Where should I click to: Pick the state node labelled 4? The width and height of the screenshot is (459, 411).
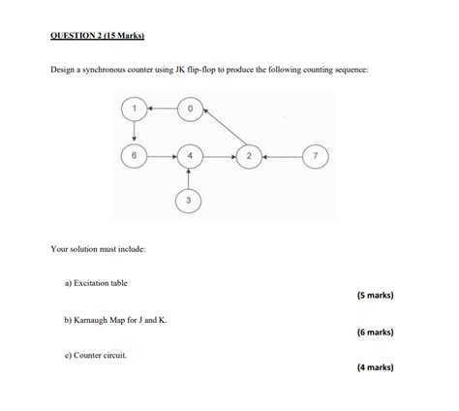(190, 155)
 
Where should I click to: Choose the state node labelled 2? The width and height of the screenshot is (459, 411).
(249, 155)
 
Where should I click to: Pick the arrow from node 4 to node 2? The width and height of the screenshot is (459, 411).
(219, 155)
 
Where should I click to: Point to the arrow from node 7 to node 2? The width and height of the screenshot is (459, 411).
(282, 155)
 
